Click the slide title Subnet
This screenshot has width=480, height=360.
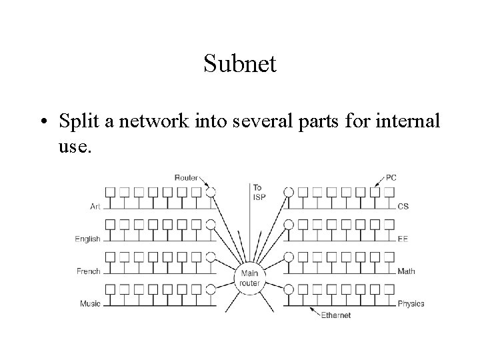[x=240, y=64]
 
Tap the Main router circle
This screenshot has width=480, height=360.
[x=250, y=277]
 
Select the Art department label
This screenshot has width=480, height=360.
[x=95, y=206]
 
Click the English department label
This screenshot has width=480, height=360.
[x=88, y=239]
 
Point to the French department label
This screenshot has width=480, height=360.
[x=89, y=271]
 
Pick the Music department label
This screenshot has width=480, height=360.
[x=90, y=304]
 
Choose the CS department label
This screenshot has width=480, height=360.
[x=403, y=206]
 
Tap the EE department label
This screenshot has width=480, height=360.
[x=403, y=239]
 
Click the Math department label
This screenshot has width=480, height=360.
[x=406, y=271]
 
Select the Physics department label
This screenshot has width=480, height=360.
[x=411, y=304]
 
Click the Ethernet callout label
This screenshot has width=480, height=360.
[x=335, y=315]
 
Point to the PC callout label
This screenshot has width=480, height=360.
[x=391, y=177]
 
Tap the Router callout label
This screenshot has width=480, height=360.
[x=186, y=177]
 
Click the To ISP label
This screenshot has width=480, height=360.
[x=259, y=192]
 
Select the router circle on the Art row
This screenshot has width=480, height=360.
[x=211, y=192]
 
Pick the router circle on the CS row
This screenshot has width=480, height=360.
[x=289, y=192]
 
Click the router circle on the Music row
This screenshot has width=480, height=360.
[x=211, y=289]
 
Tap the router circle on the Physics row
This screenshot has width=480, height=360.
[x=289, y=289]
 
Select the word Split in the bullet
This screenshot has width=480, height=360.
[x=79, y=123]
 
